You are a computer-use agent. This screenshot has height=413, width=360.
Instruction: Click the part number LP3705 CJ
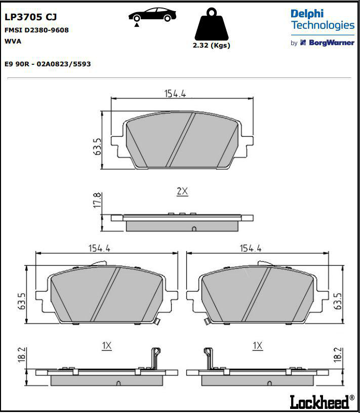point(30,17)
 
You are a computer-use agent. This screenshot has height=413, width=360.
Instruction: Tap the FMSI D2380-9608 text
point(36,30)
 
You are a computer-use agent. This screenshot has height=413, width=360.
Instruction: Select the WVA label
point(13,42)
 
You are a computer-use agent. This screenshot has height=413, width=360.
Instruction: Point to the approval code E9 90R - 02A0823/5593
point(48,64)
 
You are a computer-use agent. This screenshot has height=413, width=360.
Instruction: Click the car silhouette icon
point(152,15)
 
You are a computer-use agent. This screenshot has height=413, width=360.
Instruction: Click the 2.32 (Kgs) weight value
point(211,46)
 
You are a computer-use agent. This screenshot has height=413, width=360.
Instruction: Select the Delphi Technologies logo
point(323,20)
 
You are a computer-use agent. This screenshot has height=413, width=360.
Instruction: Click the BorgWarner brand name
point(332,43)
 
